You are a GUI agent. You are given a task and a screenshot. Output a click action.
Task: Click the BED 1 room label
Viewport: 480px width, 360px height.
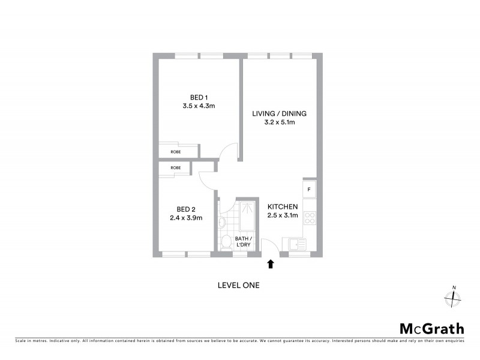[199, 97]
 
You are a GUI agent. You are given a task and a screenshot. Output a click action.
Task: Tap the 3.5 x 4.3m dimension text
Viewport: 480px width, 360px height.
[199, 106]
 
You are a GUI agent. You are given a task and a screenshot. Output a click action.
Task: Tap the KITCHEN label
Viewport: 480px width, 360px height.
[283, 206]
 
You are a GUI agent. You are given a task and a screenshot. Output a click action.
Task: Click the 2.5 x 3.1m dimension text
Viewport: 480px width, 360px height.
[283, 215]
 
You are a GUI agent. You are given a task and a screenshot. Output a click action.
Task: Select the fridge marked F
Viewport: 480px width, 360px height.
[309, 190]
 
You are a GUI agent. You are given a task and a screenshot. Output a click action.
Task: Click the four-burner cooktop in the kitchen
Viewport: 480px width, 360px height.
[310, 218]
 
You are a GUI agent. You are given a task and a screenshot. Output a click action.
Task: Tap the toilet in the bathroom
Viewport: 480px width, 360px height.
[226, 242]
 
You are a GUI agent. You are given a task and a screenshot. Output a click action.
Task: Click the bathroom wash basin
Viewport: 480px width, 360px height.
[222, 222]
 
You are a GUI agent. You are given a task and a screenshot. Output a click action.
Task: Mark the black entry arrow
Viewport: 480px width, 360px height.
[271, 263]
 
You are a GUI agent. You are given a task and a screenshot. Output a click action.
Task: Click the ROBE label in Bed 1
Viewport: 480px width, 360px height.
[175, 152]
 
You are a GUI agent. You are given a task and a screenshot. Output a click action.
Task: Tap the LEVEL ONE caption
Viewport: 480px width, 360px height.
[238, 286]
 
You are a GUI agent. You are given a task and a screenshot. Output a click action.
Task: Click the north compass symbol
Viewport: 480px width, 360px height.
[453, 298]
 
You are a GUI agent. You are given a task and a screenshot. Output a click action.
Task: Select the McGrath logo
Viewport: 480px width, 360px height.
[431, 328]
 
